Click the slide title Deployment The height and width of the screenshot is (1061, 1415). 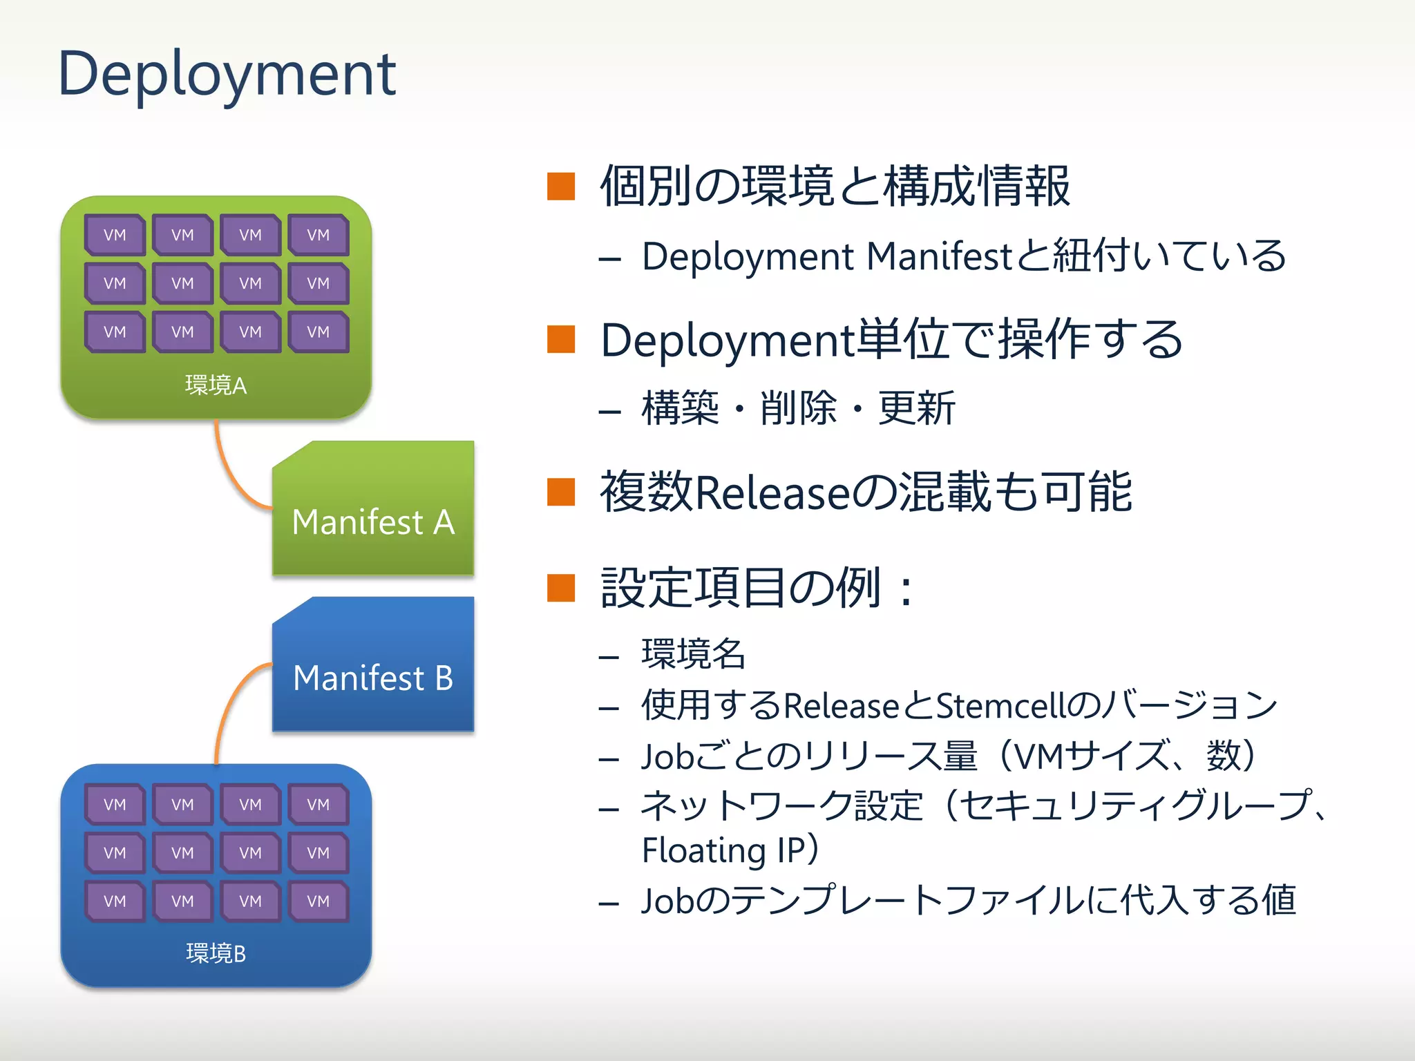coord(227,75)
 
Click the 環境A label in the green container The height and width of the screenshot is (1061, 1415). coord(216,385)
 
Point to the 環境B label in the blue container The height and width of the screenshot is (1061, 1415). coord(216,953)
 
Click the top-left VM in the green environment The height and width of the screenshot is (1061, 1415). coord(115,235)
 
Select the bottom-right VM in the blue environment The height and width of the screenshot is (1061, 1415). coord(319,901)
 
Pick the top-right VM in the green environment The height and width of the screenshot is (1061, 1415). coord(319,235)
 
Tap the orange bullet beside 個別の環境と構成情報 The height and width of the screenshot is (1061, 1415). coord(560,186)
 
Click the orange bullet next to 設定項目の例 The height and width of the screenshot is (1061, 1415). coord(560,588)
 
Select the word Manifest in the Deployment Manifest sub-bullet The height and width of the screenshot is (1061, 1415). coord(938,256)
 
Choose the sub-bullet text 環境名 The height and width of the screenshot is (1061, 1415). coord(693,653)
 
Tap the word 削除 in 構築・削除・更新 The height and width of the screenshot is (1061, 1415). coord(798,408)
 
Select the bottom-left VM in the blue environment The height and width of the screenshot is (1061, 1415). coord(115,901)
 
